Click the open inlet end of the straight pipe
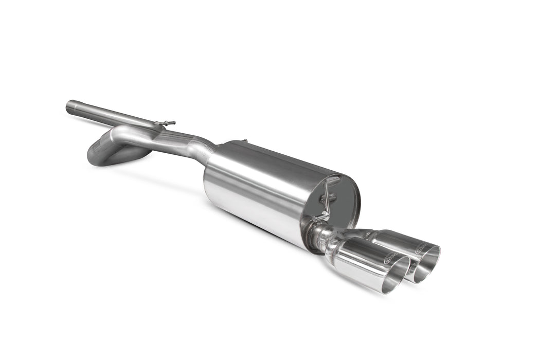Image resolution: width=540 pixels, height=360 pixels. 69,106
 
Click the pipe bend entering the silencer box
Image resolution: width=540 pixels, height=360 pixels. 201,146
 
